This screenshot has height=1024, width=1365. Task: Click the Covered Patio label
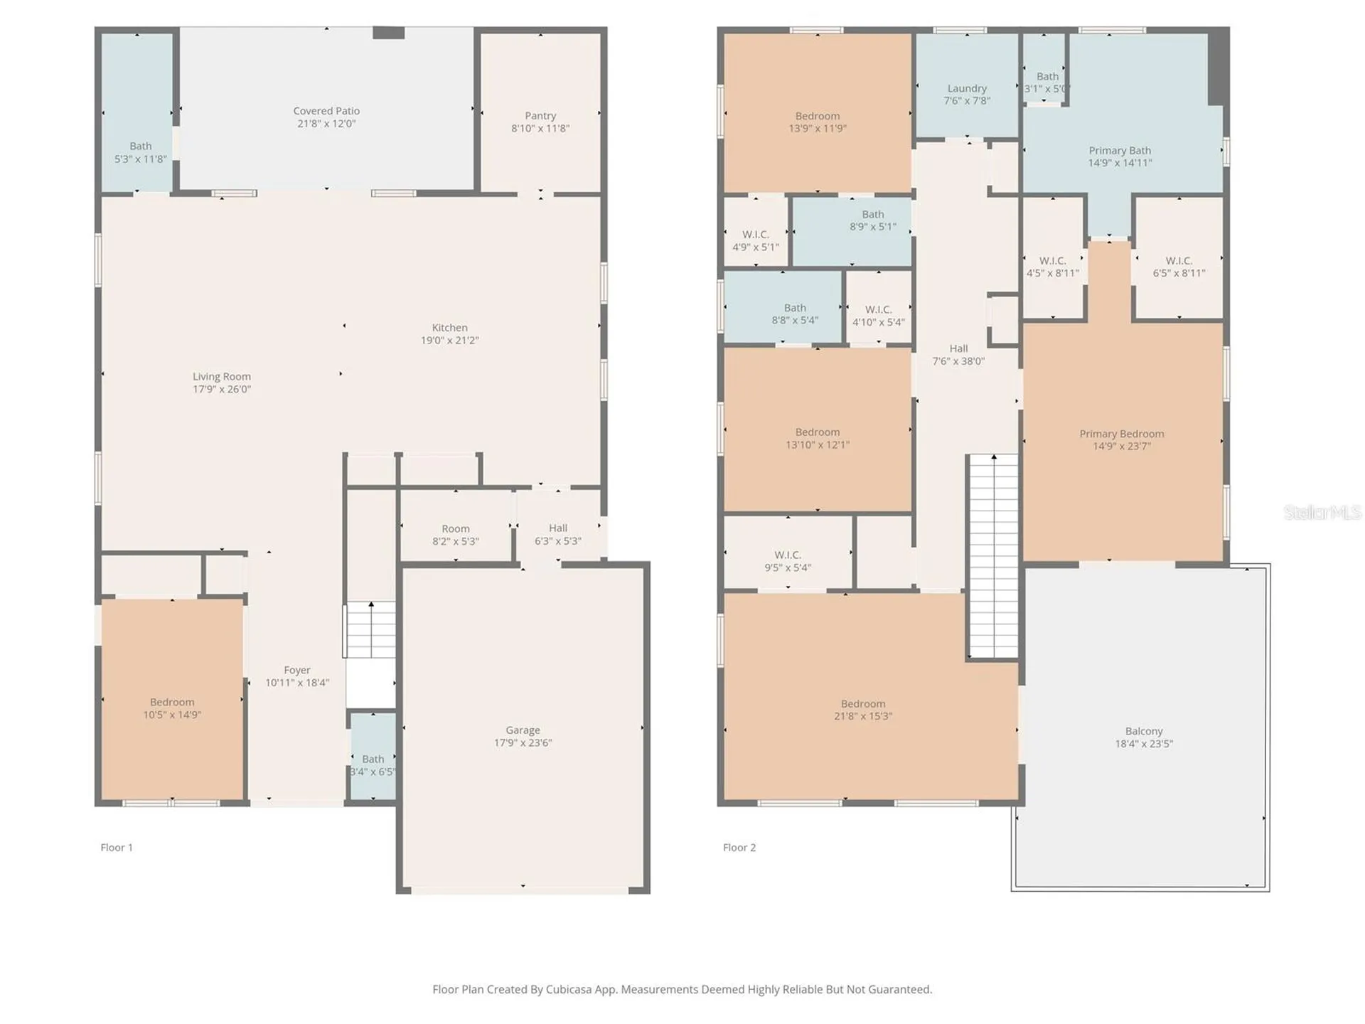pos(326,111)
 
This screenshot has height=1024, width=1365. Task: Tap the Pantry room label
pos(540,116)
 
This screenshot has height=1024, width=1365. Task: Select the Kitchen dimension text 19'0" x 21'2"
pos(450,341)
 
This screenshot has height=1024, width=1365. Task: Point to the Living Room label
pos(222,377)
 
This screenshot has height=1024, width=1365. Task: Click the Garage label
pos(523,730)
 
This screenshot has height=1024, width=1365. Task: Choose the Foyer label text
pos(297,671)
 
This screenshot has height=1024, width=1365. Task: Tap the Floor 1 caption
pos(117,848)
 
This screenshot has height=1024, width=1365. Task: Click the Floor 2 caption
pos(739,848)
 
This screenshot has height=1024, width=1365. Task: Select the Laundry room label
pos(967,89)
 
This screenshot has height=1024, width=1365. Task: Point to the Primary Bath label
pos(1120,151)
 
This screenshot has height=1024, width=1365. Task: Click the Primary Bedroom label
pos(1122,434)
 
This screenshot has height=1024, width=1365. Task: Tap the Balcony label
pos(1144,732)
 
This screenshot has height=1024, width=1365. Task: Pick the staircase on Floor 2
pos(994,556)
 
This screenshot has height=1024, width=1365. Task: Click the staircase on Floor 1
pos(370,630)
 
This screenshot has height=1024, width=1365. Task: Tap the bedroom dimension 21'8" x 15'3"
pos(863,717)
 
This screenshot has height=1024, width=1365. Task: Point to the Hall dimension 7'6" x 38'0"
pos(958,361)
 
